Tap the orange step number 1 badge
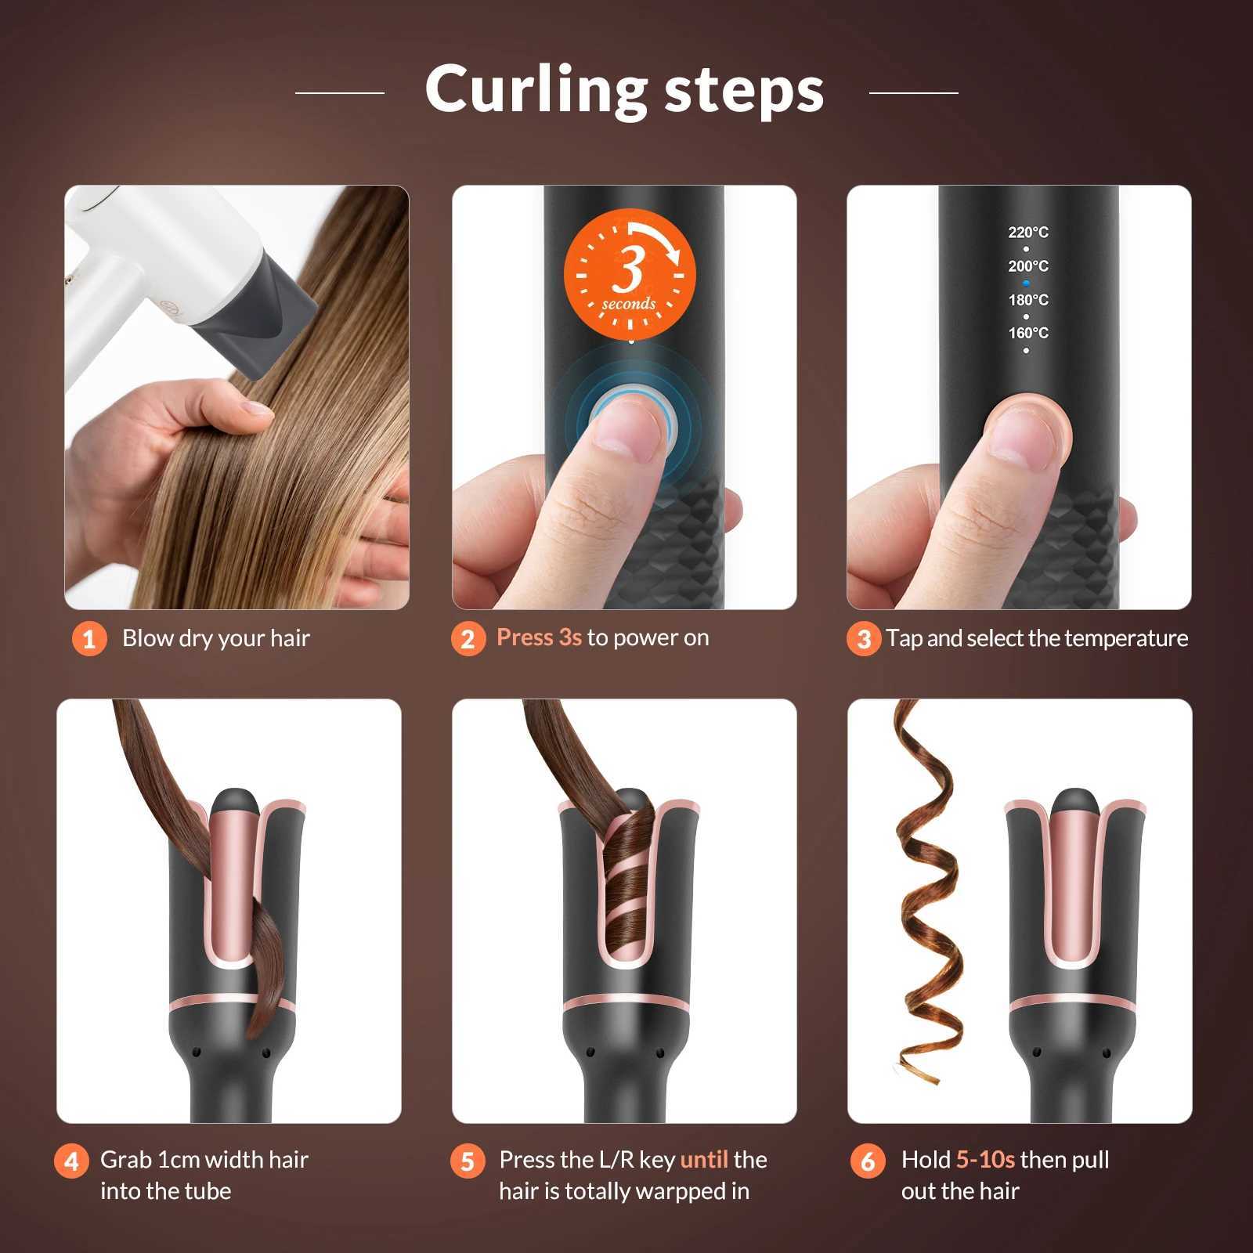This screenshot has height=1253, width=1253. point(89,639)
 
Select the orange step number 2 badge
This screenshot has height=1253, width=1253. point(468,639)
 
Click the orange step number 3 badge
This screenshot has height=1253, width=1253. point(864,639)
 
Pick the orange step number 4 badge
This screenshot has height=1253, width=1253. point(71,1161)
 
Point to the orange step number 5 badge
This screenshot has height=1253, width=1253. point(468,1161)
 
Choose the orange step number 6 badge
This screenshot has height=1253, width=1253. point(868,1161)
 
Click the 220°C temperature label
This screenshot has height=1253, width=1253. point(1027,233)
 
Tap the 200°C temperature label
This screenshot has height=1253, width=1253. point(1027,266)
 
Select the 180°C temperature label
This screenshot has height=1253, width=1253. point(1027,300)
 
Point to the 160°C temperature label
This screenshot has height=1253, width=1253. point(1027,333)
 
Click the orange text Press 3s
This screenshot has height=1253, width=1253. point(539,637)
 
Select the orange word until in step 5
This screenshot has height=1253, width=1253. point(704,1159)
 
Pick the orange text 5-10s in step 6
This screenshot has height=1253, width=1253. point(985,1159)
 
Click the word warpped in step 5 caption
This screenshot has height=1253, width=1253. point(659,1191)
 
